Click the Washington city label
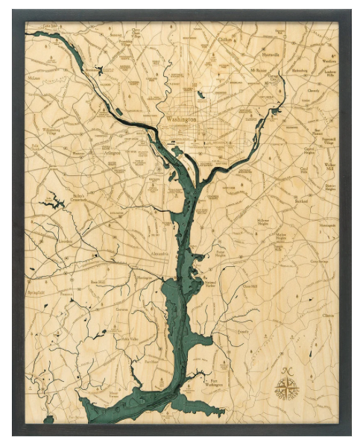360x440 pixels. click(182, 119)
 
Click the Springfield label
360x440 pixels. click(37, 293)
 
